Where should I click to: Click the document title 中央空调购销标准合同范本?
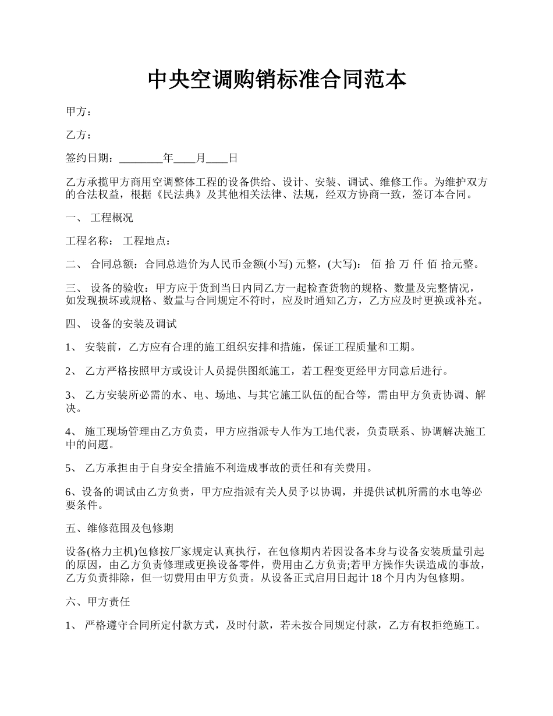point(276,79)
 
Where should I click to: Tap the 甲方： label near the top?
point(79,112)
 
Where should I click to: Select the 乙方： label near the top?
point(79,135)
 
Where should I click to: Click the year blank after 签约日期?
point(141,158)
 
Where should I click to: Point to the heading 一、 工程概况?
point(100,218)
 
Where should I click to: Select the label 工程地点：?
point(147,241)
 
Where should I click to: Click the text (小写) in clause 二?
point(279,265)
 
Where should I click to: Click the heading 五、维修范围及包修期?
point(119,528)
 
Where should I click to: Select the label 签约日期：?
point(91,158)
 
